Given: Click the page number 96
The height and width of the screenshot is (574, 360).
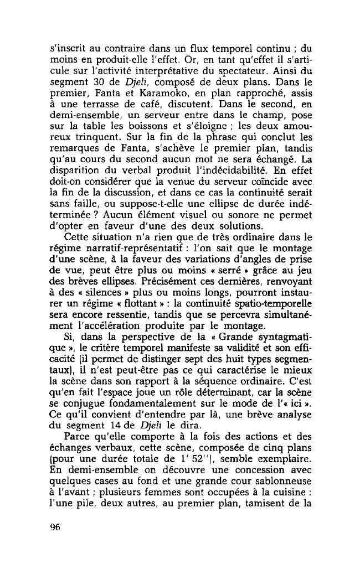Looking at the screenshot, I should coord(54,526).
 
